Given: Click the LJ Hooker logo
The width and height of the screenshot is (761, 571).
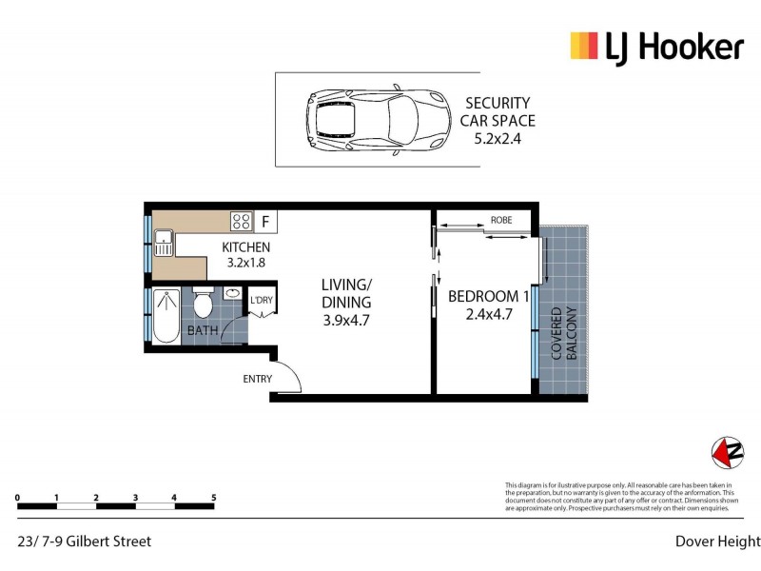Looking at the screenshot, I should pos(656,46).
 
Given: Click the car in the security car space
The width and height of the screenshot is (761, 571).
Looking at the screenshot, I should pos(377,119).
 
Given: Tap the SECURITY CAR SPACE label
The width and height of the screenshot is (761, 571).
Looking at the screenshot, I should pos(498,111).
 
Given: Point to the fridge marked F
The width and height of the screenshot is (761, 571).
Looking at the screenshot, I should pos(265,223).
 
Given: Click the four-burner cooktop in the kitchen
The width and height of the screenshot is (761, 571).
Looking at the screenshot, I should pos(241,223).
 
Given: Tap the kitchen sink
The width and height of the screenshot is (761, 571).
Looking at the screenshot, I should pos(163,244).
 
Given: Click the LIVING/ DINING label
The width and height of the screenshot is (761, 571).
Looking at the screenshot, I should pos(345,293).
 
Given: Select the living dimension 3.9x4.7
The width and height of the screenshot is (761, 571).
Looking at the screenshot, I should pos(345,321).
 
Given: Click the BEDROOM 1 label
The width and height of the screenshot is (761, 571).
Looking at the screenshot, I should pos(488,295).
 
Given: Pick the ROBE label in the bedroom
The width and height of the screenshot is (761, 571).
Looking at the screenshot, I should pos(500,220).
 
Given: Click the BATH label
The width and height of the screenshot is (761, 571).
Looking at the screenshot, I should pos(202,330).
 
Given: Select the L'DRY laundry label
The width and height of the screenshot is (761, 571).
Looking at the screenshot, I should pos(261,303).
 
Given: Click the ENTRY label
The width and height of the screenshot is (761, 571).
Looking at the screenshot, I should pos(257,379).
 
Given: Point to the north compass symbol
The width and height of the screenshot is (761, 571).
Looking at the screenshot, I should pos(728,452).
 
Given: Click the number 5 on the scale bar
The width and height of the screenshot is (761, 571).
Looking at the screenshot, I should pos(213,498).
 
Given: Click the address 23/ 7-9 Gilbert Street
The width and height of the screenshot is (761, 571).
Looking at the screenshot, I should pos(85,541).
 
